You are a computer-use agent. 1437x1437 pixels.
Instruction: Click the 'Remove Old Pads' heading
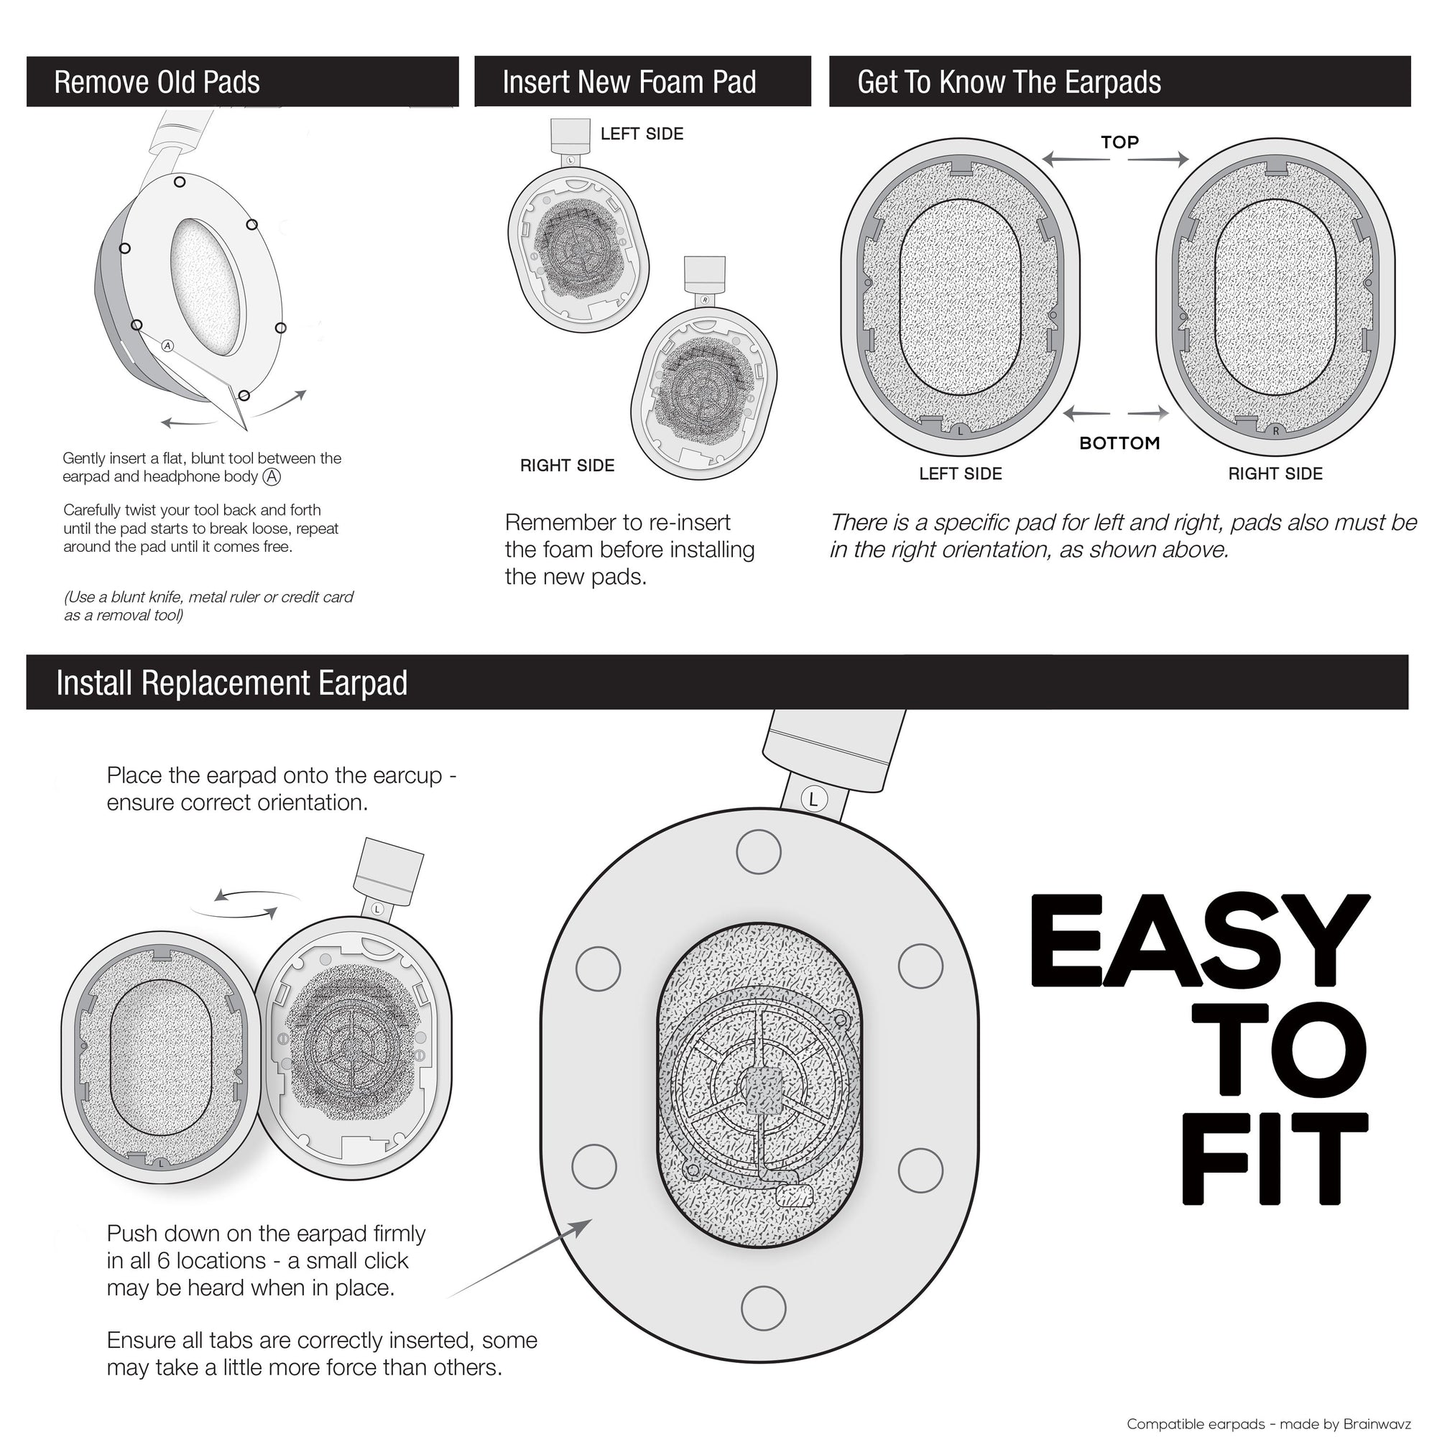157,83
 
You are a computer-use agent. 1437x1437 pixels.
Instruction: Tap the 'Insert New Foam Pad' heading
629,83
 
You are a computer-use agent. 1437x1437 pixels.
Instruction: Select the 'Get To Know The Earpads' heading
1009,83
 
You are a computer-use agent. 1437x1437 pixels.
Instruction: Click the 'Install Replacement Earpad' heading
231,683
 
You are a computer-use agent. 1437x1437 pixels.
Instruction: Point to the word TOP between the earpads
1119,142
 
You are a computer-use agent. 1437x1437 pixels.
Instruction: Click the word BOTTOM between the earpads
1119,443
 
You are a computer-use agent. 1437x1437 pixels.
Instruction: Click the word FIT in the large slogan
1273,1160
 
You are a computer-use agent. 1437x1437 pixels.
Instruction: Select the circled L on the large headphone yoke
813,800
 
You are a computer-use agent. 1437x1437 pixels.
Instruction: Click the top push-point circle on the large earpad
759,851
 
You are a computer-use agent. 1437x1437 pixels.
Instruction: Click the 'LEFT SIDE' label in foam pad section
642,134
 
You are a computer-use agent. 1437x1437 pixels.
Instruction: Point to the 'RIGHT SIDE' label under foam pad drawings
568,466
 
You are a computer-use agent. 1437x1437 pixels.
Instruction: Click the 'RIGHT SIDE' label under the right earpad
1275,473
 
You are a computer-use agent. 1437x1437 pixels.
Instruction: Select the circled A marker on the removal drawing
167,346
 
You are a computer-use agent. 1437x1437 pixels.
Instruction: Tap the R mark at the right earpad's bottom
1275,431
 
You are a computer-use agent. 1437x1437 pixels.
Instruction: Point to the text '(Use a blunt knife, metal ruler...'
208,606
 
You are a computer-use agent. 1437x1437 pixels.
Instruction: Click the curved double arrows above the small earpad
246,902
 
